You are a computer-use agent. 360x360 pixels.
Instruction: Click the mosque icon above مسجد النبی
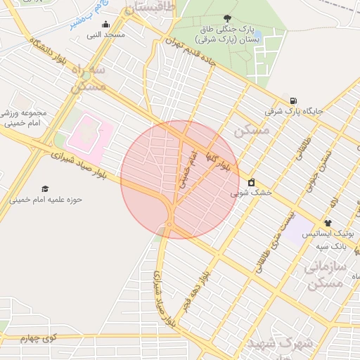point(106,25)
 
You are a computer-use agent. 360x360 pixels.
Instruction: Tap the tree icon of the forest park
point(226,18)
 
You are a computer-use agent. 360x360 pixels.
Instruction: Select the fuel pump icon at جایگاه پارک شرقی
point(293,101)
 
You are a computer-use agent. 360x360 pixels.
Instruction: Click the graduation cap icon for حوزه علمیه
point(46,189)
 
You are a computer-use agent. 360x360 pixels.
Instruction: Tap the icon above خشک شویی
point(251,182)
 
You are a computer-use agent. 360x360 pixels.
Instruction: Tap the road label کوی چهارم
point(37,339)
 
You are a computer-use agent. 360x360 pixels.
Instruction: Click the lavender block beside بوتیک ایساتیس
point(300,225)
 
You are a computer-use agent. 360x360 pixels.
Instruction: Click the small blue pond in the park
point(257,34)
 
